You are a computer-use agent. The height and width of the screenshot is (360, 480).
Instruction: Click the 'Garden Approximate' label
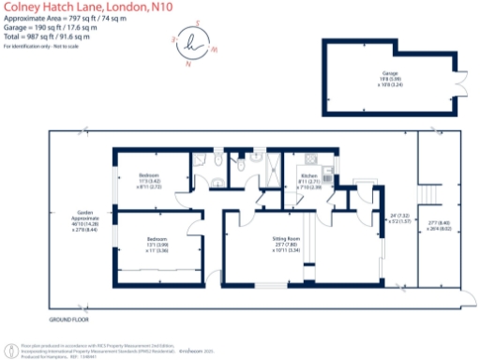[x=82, y=213]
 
